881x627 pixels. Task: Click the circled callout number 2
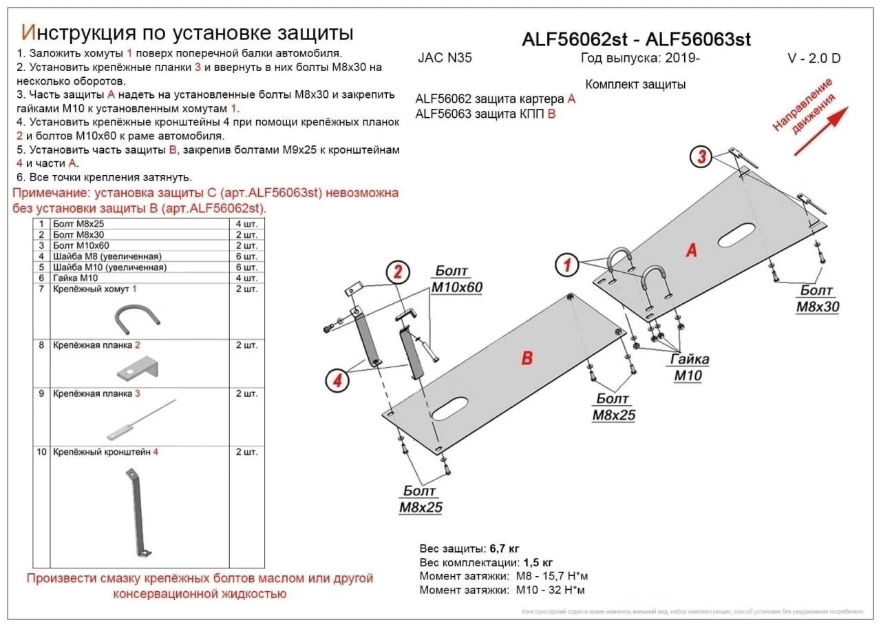pos(397,273)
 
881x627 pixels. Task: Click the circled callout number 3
pos(701,157)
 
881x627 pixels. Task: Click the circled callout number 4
pos(336,380)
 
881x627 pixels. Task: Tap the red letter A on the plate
pos(691,250)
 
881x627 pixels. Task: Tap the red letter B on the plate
pos(527,358)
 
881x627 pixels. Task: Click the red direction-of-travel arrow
pos(822,126)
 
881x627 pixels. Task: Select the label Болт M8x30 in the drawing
pos(817,299)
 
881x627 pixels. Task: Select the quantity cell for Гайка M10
pos(246,278)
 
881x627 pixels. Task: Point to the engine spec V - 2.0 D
pos(813,59)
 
